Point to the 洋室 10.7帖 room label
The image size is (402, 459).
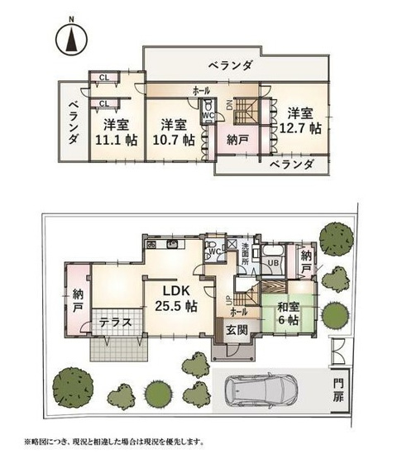point(176,132)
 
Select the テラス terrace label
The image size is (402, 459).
point(116,323)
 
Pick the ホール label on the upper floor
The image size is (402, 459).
point(200,89)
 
